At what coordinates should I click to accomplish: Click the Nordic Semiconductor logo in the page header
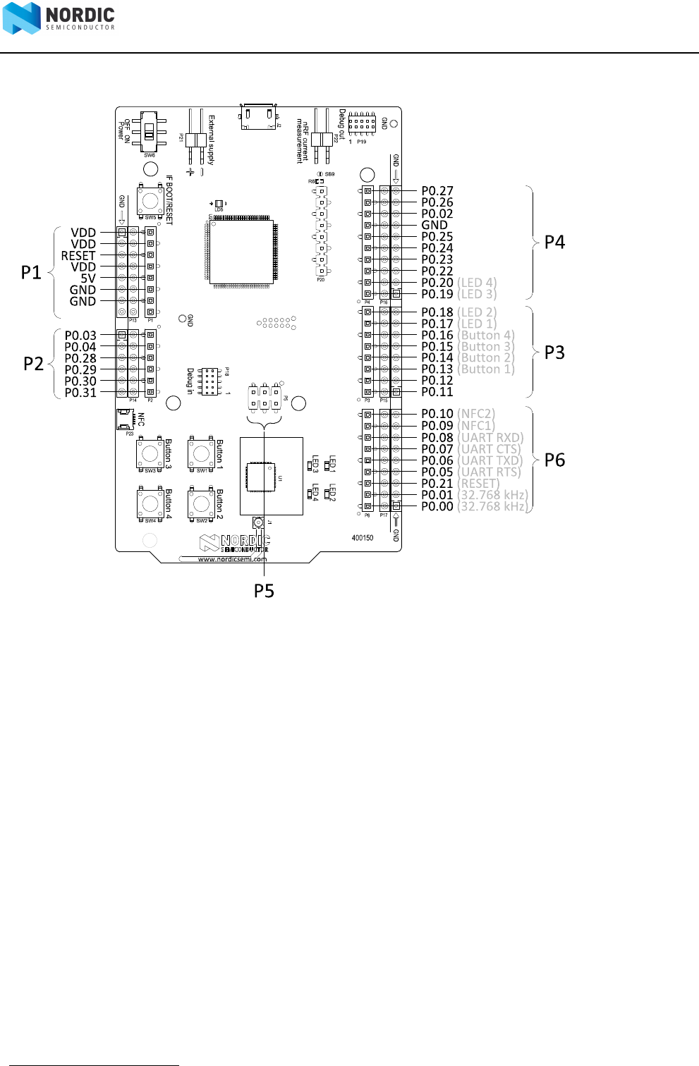58,18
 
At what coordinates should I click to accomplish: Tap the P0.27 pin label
437,191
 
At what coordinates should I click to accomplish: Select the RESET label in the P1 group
78,256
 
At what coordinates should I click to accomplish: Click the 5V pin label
88,278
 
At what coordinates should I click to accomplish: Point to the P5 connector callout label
264,591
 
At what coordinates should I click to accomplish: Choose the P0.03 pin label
80,336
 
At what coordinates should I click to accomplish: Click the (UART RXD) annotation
491,438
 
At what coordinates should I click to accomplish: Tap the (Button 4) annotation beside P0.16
487,336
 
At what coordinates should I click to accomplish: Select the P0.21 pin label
437,484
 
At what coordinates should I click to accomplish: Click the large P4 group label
554,243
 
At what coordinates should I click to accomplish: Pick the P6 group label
554,460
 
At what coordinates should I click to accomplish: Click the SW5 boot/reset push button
150,201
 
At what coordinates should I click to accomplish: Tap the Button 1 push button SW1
202,453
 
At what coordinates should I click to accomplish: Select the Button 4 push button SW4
150,503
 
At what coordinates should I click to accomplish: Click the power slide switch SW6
150,132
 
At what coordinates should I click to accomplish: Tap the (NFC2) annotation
477,414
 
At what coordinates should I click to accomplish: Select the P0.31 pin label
80,393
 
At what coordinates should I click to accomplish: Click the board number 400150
363,538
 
